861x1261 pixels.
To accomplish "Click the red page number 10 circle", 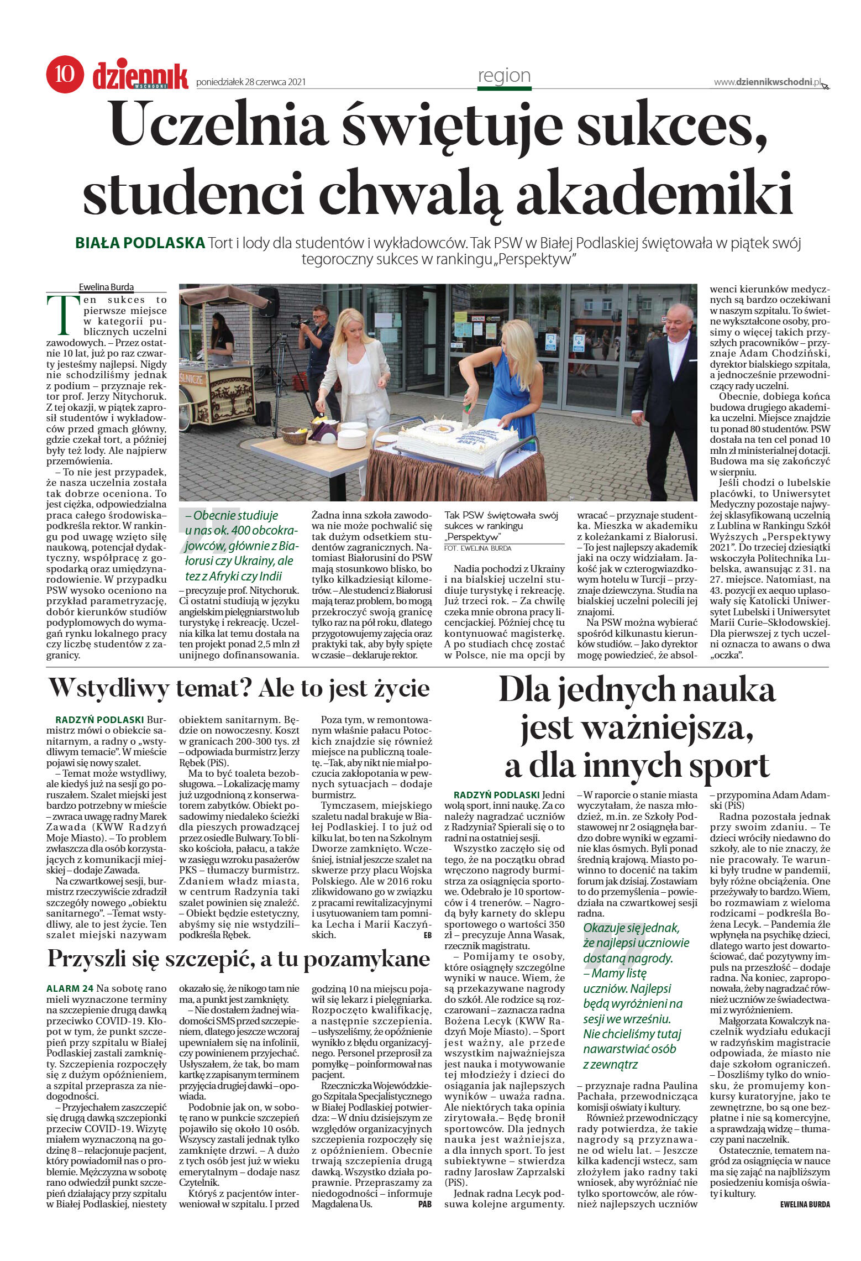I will tap(65, 74).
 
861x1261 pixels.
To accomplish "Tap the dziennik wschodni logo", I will tap(140, 76).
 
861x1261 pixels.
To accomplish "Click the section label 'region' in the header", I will tap(504, 75).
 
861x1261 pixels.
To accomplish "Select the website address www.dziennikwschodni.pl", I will tap(768, 82).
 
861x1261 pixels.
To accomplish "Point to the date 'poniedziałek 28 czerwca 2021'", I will tap(251, 82).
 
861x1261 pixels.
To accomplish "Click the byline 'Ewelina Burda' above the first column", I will tap(106, 287).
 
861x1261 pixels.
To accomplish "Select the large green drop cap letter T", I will tap(60, 315).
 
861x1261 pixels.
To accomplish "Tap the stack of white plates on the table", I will tap(351, 438).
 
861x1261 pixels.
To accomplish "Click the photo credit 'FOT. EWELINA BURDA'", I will tap(477, 548).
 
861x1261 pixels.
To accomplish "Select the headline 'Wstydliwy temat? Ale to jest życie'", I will tap(239, 689).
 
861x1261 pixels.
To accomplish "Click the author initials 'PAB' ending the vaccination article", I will tap(424, 1204).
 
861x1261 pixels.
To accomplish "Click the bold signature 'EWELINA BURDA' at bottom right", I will tap(805, 1204).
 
